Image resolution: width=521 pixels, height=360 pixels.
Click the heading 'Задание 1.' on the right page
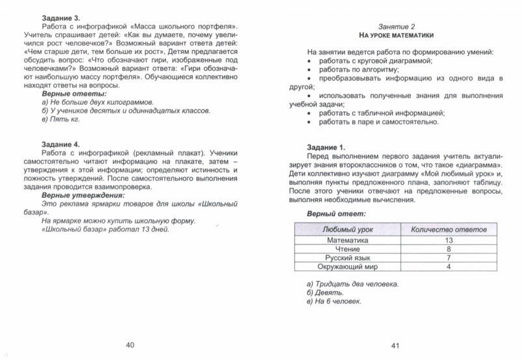328,148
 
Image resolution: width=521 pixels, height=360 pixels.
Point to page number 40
131,345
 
